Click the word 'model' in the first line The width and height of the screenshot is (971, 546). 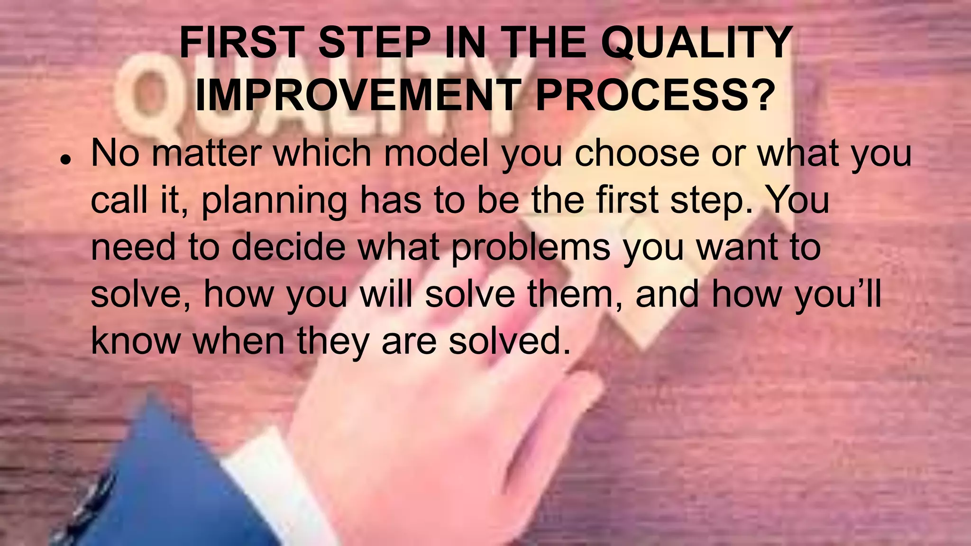(436, 153)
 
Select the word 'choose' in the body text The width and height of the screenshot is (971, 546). (637, 153)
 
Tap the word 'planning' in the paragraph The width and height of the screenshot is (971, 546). (274, 200)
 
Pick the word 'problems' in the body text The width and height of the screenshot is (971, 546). (531, 247)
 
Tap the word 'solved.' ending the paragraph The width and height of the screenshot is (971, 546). (510, 340)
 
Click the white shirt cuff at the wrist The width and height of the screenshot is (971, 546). (256, 479)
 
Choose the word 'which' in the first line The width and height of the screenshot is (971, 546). (322, 153)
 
